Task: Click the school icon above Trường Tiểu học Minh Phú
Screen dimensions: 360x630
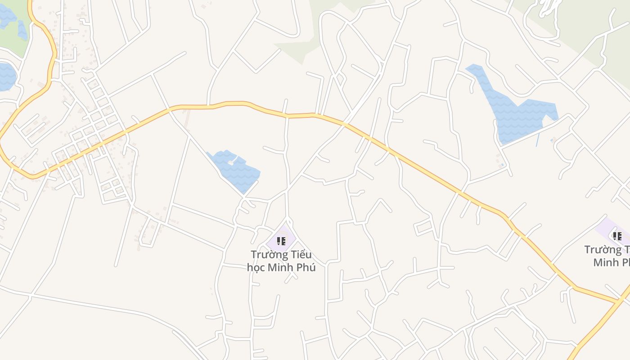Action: [x=281, y=241]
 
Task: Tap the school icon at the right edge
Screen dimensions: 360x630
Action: [x=617, y=236]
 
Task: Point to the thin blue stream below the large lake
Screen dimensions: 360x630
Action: [x=537, y=140]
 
